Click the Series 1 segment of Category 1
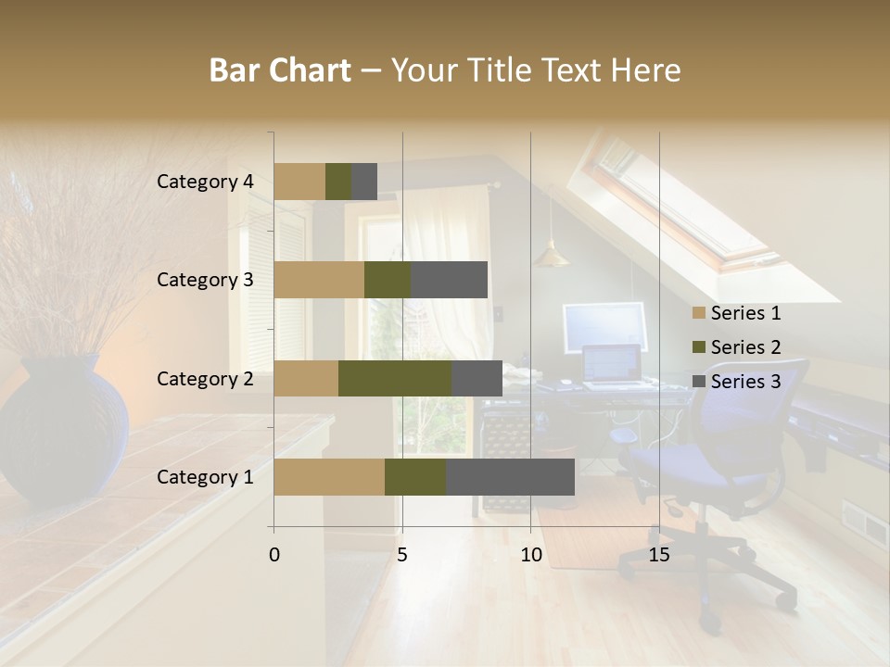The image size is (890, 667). [x=329, y=477]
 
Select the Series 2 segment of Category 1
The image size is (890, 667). [x=415, y=477]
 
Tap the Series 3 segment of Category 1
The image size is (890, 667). [x=510, y=477]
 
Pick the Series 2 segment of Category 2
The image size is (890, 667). [x=395, y=378]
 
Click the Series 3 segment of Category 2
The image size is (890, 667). [x=477, y=378]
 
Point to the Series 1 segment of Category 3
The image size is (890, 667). [x=319, y=280]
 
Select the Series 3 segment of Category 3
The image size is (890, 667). [x=449, y=280]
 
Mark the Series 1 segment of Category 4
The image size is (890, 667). [x=299, y=182]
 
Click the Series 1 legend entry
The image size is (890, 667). [x=736, y=313]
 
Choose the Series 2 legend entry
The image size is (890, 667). [x=736, y=347]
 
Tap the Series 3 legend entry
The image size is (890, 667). [x=736, y=382]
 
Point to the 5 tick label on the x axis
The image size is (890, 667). [x=402, y=555]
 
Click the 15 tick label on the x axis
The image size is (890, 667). [x=658, y=555]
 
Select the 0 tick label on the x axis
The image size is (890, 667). [x=274, y=555]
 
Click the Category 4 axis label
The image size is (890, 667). [x=205, y=182]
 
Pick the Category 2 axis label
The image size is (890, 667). [x=205, y=378]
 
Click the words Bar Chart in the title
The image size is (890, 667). [x=280, y=70]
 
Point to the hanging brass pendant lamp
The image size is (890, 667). [x=551, y=254]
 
